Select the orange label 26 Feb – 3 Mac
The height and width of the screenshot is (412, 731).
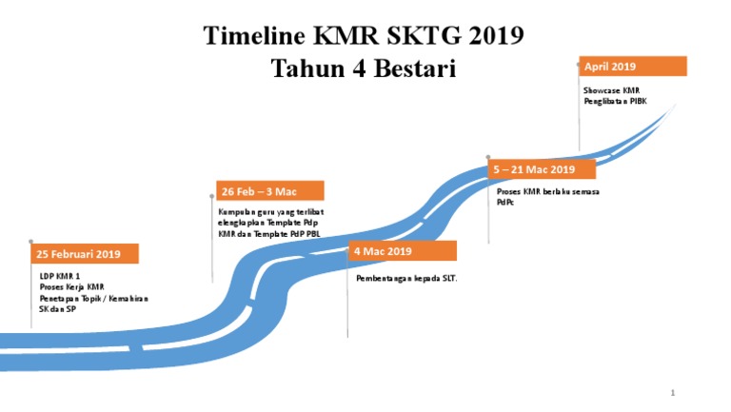pos(270,191)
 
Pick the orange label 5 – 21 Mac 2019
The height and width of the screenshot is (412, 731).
pos(542,169)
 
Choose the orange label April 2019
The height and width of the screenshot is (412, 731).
pos(633,67)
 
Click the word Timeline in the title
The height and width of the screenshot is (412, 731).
pos(252,36)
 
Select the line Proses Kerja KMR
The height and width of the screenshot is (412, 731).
pos(71,286)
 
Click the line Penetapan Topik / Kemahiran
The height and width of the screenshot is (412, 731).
pos(93,298)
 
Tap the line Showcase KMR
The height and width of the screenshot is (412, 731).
pos(611,90)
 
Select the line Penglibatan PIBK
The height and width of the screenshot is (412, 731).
pos(615,101)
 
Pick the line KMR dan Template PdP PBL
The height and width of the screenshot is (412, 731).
pos(269,233)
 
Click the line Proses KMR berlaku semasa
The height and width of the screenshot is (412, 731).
pos(547,191)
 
